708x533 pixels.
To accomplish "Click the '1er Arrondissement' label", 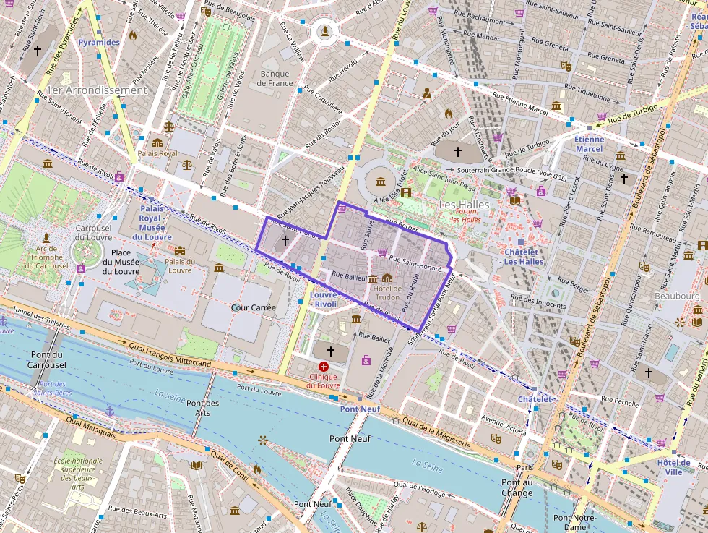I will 95,90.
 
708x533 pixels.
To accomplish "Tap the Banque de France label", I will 275,78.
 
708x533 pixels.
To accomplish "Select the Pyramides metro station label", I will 99,43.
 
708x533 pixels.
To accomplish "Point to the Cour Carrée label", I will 253,307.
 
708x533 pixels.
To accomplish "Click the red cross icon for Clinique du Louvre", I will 324,367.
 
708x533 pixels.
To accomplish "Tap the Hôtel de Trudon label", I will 387,294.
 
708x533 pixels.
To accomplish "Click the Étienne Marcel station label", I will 589,144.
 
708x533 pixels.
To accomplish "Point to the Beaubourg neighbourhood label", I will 677,297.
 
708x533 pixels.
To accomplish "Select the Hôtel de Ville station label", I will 673,466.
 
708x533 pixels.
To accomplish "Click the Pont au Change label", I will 517,488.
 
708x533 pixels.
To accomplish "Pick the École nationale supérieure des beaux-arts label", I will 78,474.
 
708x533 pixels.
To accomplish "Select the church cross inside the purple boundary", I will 285,239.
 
